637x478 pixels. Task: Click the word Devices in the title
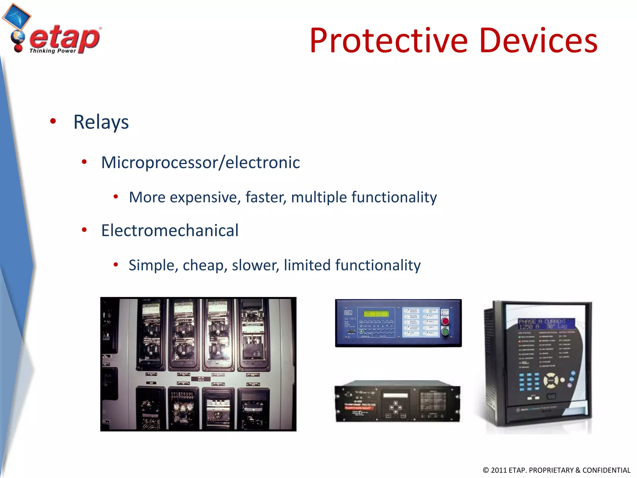pyautogui.click(x=538, y=41)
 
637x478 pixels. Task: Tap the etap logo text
pyautogui.click(x=65, y=38)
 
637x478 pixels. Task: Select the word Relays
pyautogui.click(x=101, y=122)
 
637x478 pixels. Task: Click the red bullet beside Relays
pyautogui.click(x=53, y=121)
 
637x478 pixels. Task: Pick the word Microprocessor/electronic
pyautogui.click(x=200, y=162)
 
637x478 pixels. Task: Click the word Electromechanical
pyautogui.click(x=170, y=231)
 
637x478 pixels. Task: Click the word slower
pyautogui.click(x=255, y=265)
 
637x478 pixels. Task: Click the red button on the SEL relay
pyautogui.click(x=445, y=321)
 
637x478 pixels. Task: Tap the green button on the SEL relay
pyautogui.click(x=445, y=332)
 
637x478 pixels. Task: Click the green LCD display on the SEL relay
pyautogui.click(x=376, y=314)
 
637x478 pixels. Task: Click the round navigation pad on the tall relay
pyautogui.click(x=551, y=380)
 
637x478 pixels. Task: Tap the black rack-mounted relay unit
pyautogui.click(x=397, y=401)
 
